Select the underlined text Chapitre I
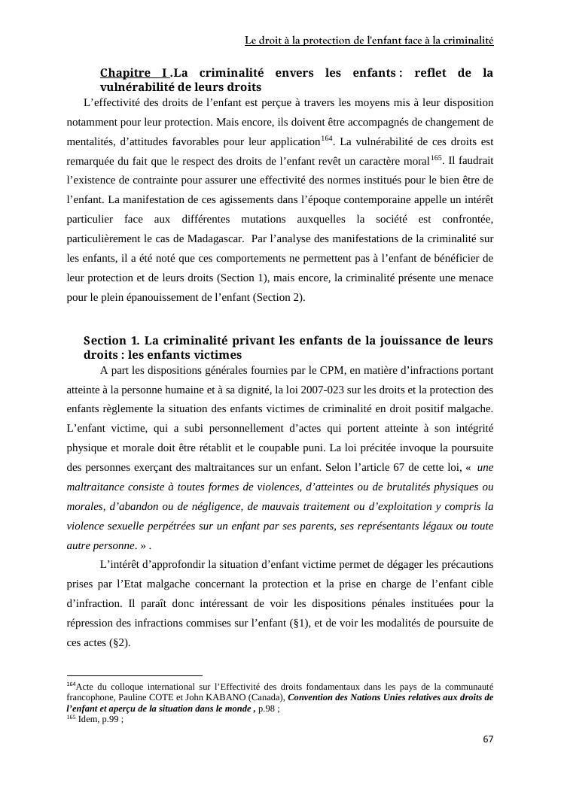point(134,73)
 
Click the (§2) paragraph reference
point(119,642)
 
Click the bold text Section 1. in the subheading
point(111,341)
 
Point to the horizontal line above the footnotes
point(135,676)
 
